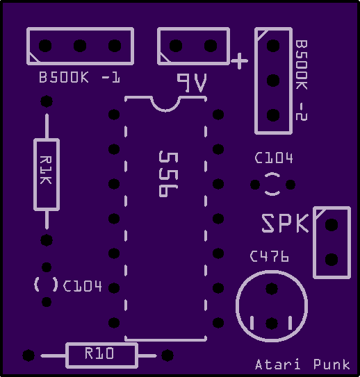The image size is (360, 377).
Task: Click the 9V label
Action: (x=192, y=83)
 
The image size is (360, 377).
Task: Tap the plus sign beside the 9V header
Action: (x=239, y=61)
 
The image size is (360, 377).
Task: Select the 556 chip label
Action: (x=168, y=174)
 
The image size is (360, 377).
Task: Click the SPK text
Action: (x=285, y=224)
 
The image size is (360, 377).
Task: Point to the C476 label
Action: (x=269, y=256)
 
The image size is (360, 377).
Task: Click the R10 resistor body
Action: (x=101, y=355)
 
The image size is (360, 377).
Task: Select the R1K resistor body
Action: (x=47, y=174)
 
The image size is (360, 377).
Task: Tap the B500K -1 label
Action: (x=79, y=78)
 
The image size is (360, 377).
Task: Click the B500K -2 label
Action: (x=302, y=81)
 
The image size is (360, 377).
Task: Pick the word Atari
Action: (x=278, y=365)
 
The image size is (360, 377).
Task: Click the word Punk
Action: (x=332, y=365)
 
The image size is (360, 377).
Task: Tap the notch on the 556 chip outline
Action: (x=165, y=105)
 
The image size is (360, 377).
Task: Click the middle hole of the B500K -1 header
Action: (x=80, y=46)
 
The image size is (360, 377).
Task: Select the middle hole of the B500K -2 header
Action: (x=273, y=81)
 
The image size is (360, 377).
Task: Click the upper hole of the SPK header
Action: (x=332, y=225)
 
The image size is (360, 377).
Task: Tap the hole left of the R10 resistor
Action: (x=28, y=355)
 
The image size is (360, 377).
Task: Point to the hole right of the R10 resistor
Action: (x=167, y=355)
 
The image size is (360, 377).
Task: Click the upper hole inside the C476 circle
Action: (x=272, y=289)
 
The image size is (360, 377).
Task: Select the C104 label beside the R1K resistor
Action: (x=82, y=286)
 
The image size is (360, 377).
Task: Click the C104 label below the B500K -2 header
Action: (x=274, y=158)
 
